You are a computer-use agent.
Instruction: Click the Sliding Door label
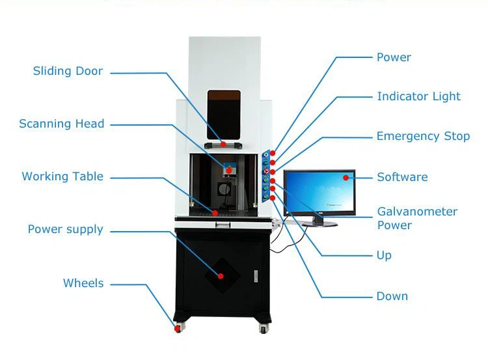[x=68, y=71]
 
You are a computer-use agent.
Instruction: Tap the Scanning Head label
[x=62, y=124]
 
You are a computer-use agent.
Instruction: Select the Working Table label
[x=62, y=176]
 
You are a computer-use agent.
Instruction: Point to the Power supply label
[x=65, y=230]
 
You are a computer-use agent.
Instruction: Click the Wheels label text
[x=83, y=283]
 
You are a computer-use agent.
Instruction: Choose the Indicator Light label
[x=419, y=96]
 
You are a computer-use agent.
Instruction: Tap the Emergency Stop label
[x=424, y=137]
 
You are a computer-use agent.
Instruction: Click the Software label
[x=402, y=177]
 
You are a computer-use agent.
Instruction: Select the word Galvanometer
[x=417, y=212]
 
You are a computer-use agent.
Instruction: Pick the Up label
[x=384, y=256]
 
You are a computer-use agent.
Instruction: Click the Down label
[x=392, y=296]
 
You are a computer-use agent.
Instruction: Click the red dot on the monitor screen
[x=346, y=178]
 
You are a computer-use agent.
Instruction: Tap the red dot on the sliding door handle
[x=223, y=144]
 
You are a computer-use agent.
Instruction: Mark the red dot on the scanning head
[x=229, y=171]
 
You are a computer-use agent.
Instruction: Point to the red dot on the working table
[x=215, y=214]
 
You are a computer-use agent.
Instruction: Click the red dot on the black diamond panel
[x=221, y=276]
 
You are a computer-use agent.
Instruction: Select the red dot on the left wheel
[x=177, y=329]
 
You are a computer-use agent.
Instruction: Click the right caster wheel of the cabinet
[x=264, y=328]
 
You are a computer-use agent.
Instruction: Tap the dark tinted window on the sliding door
[x=224, y=115]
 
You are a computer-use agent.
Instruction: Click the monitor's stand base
[x=319, y=223]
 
